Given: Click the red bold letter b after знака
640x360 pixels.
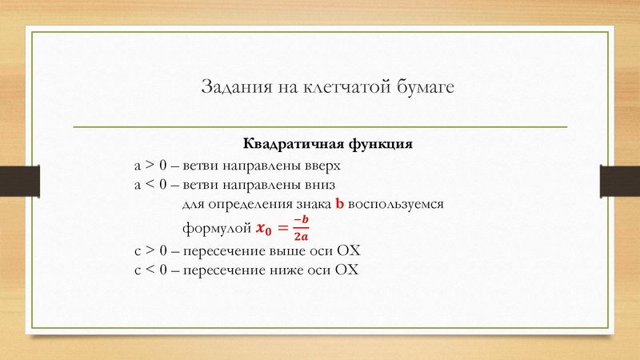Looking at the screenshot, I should (x=339, y=205).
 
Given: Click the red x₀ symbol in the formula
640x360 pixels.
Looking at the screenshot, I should (x=262, y=230).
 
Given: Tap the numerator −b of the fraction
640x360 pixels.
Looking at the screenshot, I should (x=300, y=220).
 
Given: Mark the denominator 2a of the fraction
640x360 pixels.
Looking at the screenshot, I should (x=300, y=237).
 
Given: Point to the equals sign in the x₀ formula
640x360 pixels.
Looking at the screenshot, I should (x=281, y=230).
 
